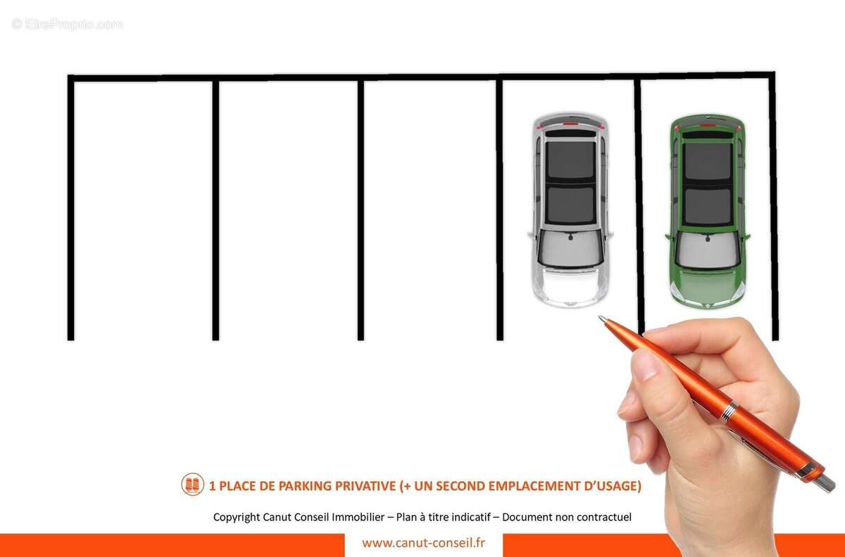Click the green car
click(707, 211)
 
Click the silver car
click(570, 210)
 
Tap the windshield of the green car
click(707, 250)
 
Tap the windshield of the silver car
click(570, 248)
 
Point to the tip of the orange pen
click(600, 318)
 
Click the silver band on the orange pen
click(729, 411)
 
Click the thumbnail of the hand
click(646, 364)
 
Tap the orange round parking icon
click(192, 485)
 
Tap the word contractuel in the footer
click(604, 517)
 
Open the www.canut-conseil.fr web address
click(423, 543)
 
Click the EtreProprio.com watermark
click(67, 25)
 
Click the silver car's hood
click(570, 286)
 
